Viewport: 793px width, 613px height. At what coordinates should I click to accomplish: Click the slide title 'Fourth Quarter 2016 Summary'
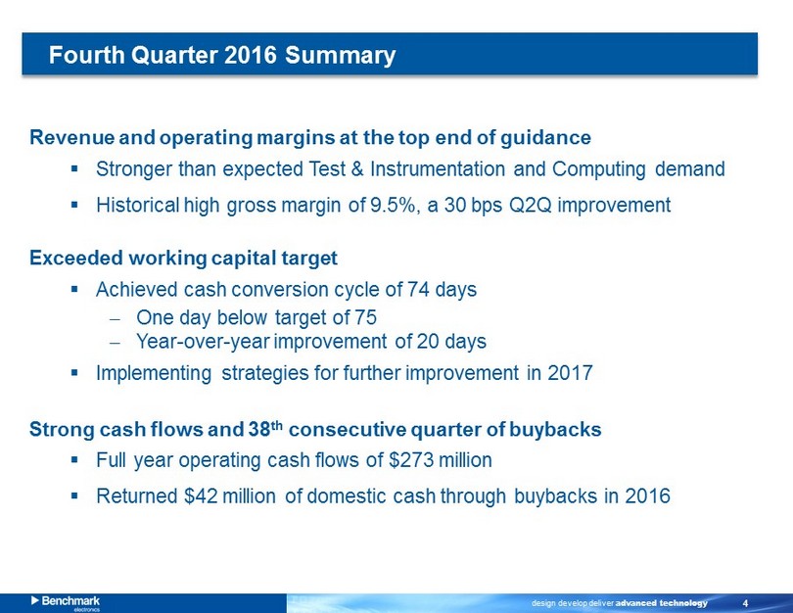pyautogui.click(x=222, y=55)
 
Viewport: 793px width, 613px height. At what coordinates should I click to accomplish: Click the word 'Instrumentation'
pyautogui.click(x=438, y=169)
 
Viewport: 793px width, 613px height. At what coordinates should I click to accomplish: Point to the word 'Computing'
pyautogui.click(x=598, y=169)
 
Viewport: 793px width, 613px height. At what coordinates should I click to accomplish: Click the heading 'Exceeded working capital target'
pyautogui.click(x=184, y=258)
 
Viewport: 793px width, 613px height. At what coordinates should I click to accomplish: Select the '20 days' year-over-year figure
pyautogui.click(x=451, y=342)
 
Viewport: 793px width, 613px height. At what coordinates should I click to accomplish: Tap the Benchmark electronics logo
pyautogui.click(x=66, y=603)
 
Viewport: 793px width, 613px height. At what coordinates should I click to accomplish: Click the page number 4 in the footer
pyautogui.click(x=745, y=603)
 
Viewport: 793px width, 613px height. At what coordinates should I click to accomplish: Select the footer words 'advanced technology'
pyautogui.click(x=662, y=603)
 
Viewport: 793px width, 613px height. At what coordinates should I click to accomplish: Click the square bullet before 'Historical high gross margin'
pyautogui.click(x=74, y=206)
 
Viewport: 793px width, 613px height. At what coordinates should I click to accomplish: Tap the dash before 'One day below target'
pyautogui.click(x=116, y=319)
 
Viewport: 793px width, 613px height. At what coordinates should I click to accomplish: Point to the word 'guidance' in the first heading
pyautogui.click(x=545, y=138)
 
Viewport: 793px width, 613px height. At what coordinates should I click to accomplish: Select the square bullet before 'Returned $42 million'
pyautogui.click(x=74, y=496)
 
